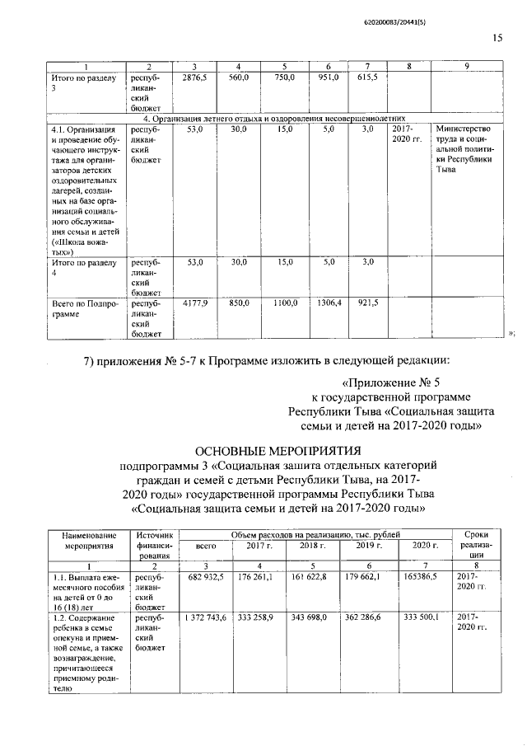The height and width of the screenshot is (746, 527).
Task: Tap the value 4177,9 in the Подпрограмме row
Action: pos(194,303)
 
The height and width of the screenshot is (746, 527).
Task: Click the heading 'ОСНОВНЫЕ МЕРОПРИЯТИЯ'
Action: pos(277,451)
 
